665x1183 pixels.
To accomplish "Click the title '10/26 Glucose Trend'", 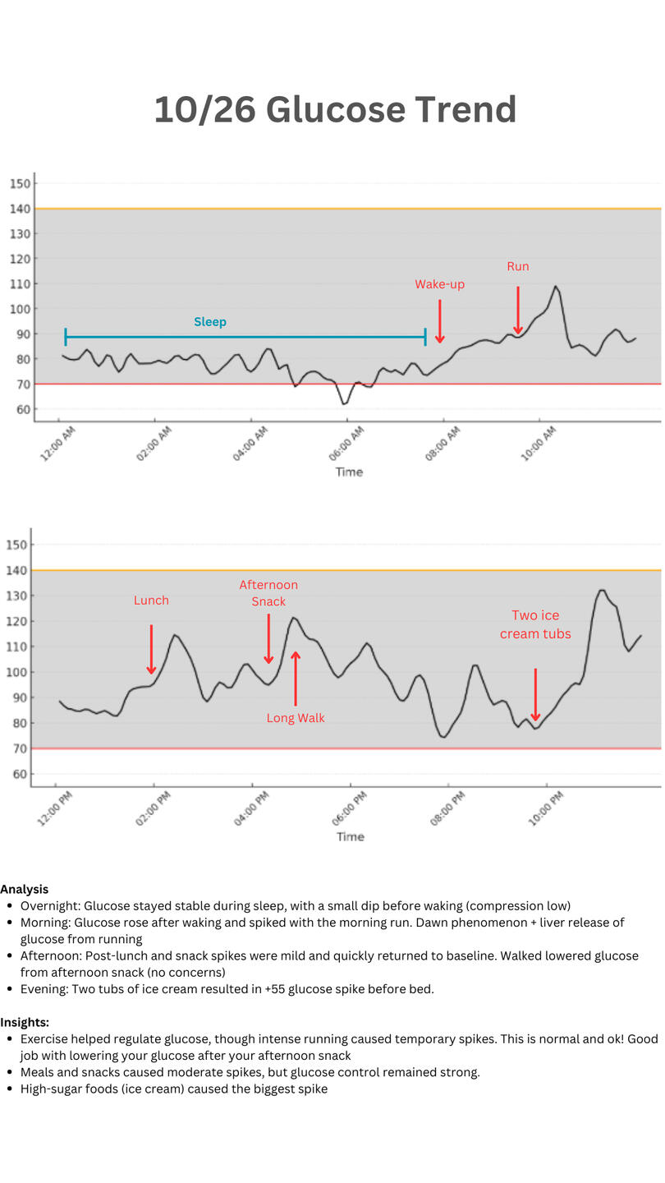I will point(335,110).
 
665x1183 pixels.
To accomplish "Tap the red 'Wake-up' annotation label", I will point(439,284).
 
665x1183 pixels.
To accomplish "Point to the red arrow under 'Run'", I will point(518,311).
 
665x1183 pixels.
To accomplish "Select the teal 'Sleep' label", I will point(210,322).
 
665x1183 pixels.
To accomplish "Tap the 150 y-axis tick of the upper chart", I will point(21,183).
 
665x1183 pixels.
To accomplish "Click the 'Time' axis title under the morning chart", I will point(349,472).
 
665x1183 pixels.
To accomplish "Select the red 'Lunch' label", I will point(151,601).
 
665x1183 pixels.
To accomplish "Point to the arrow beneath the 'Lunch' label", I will point(151,649).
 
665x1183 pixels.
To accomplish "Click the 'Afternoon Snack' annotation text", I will point(268,593).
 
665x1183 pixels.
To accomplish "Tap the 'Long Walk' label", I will point(296,718).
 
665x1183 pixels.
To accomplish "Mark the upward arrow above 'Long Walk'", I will point(296,678).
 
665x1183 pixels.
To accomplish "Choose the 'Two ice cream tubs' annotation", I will point(535,624).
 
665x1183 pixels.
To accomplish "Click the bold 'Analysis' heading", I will point(24,889).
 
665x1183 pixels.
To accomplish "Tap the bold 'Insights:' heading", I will point(25,1022).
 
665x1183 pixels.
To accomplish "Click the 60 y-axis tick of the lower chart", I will point(18,774).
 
